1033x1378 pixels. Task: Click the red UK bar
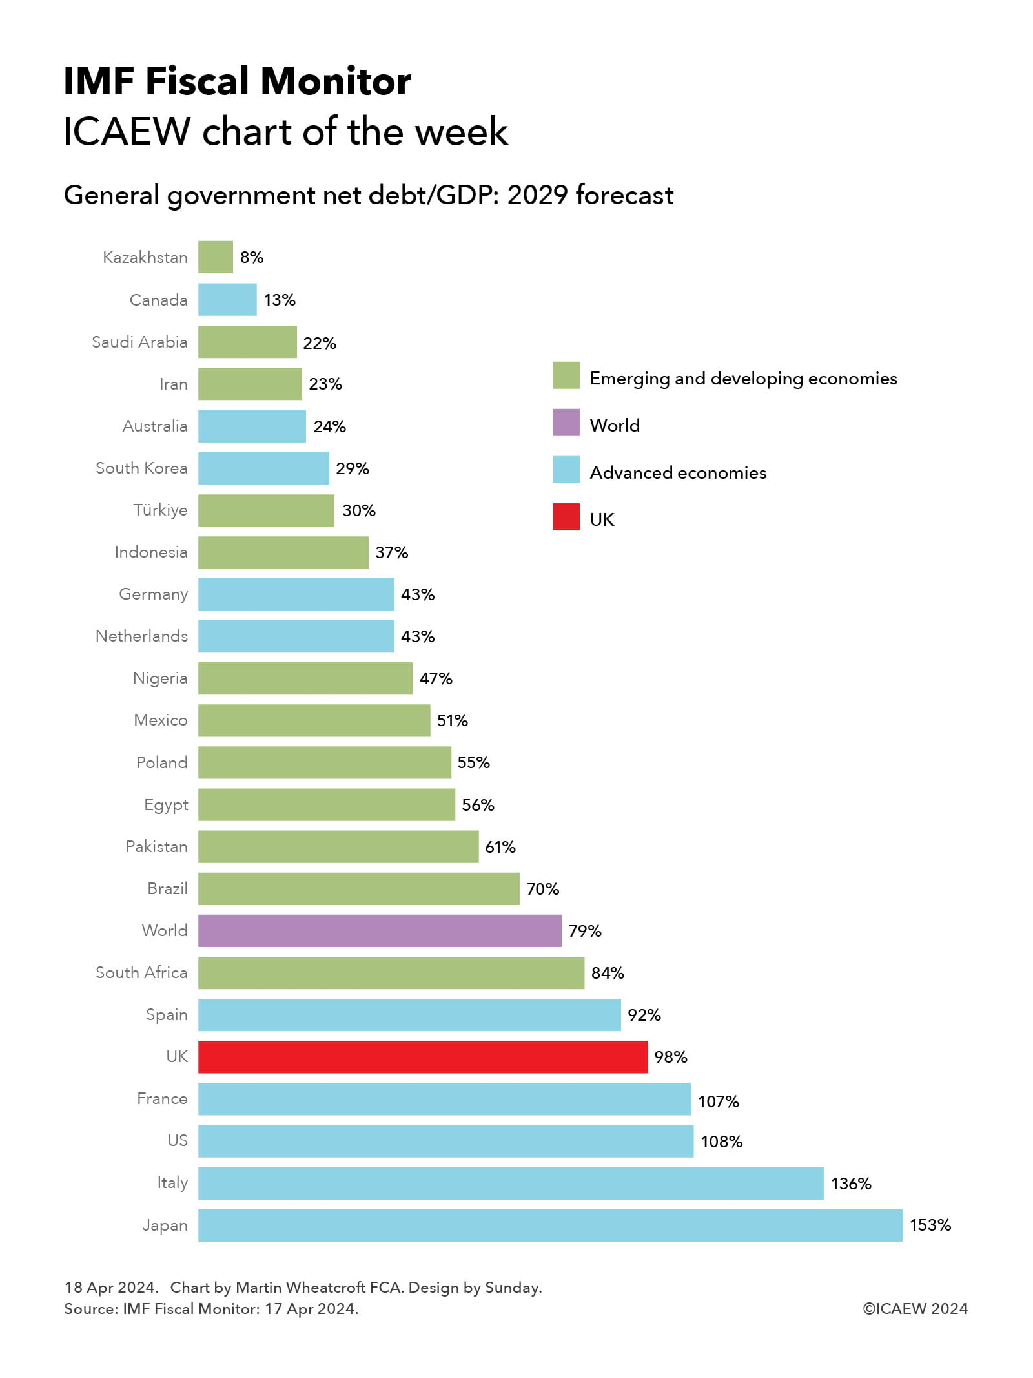(x=422, y=1056)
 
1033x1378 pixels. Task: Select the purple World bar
(x=380, y=930)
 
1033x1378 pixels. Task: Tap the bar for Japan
(x=550, y=1225)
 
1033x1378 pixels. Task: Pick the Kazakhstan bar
(x=215, y=257)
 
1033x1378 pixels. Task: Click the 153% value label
(x=930, y=1225)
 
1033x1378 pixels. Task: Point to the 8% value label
(x=252, y=257)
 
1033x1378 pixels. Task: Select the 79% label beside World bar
(x=584, y=931)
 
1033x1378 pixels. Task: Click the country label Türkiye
(x=160, y=510)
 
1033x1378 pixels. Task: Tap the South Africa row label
(x=141, y=972)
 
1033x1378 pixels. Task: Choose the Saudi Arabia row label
(x=139, y=342)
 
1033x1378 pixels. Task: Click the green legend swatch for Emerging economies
(x=566, y=375)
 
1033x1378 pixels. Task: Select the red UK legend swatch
(x=566, y=517)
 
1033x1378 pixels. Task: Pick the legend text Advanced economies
(x=678, y=472)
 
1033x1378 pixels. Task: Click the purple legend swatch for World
(x=566, y=423)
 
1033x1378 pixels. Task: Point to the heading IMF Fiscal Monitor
(x=237, y=81)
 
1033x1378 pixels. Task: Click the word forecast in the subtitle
(x=624, y=195)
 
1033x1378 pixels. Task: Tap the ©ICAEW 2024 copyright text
(x=915, y=1308)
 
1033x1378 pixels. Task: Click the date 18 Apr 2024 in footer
(x=111, y=1287)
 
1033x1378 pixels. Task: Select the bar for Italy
(x=511, y=1183)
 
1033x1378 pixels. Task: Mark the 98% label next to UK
(x=670, y=1057)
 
